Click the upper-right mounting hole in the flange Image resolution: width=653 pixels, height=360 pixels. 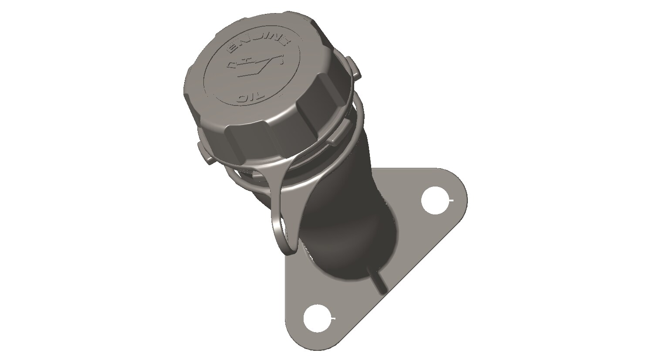pos(437,200)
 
